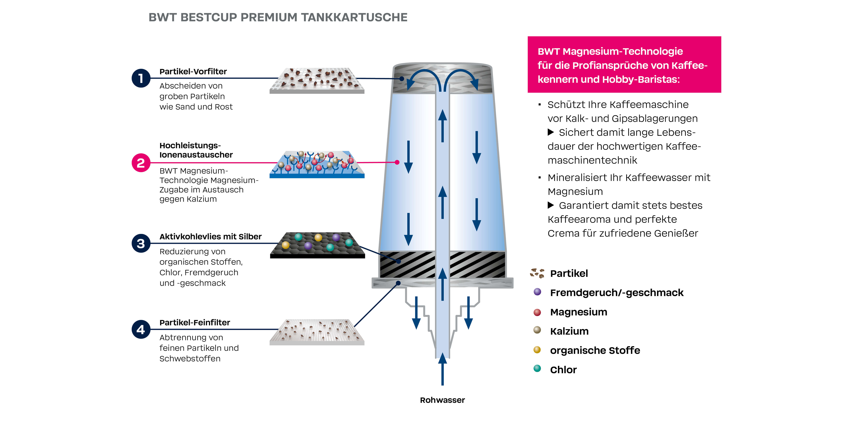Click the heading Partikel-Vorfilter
click(193, 72)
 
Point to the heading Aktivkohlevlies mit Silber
click(211, 237)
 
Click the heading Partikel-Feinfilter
click(195, 323)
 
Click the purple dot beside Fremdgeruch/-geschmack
click(537, 292)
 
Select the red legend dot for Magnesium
click(537, 312)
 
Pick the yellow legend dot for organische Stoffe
click(537, 350)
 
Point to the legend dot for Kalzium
click(537, 330)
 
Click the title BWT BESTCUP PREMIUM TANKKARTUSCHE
click(278, 17)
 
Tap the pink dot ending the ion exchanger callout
click(397, 163)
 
